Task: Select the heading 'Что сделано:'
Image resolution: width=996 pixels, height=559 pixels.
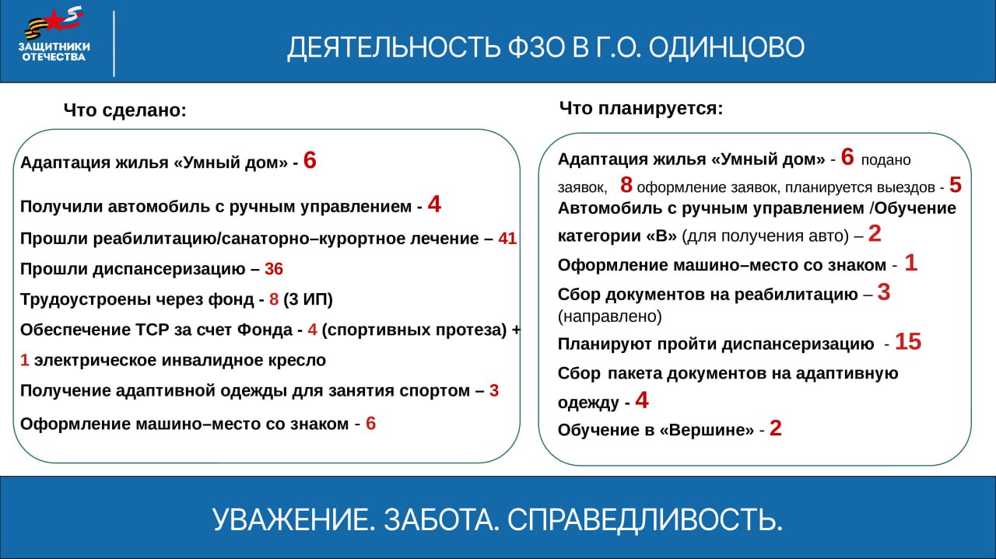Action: (x=125, y=110)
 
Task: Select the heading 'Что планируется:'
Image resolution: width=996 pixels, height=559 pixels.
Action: (x=641, y=108)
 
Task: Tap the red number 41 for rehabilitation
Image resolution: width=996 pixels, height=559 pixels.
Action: (x=507, y=239)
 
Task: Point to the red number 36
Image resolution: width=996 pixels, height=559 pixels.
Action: (x=274, y=270)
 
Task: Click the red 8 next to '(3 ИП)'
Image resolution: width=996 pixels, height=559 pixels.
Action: (x=273, y=300)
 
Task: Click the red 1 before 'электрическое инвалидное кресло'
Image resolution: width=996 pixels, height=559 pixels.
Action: (x=25, y=361)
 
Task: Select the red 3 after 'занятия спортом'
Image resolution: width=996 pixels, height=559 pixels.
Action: (x=494, y=391)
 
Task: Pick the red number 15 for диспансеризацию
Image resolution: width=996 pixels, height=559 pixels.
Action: (x=908, y=342)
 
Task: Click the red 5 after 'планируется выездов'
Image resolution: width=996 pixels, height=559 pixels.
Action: (x=956, y=186)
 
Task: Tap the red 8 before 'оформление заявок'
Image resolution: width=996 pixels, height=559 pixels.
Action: (x=626, y=186)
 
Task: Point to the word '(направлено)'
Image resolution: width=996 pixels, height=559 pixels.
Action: (x=610, y=316)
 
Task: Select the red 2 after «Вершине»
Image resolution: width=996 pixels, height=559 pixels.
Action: (x=776, y=429)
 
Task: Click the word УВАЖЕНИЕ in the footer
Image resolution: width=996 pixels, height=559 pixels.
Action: (x=291, y=519)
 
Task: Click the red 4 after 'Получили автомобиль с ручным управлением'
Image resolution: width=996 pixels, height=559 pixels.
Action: (x=434, y=205)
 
